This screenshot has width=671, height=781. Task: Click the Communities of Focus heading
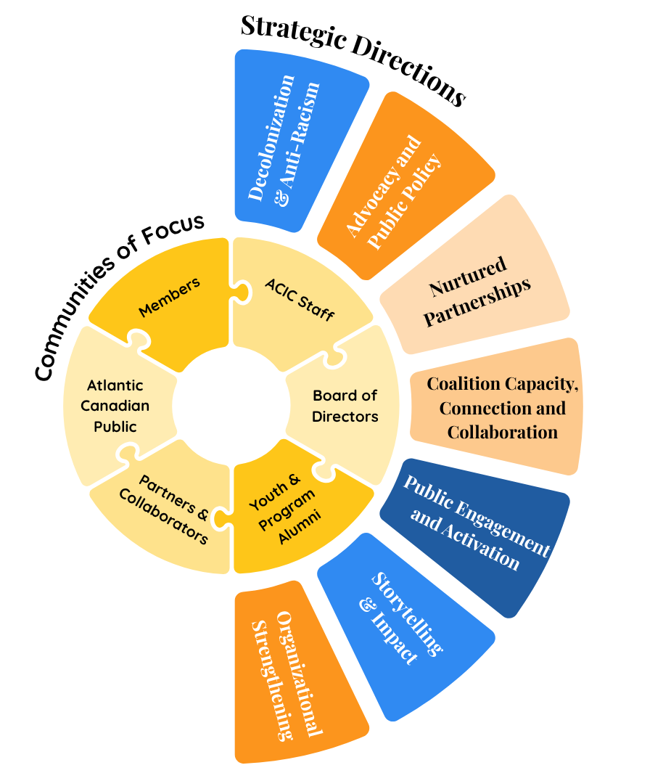pyautogui.click(x=120, y=298)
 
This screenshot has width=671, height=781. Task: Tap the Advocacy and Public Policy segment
pyautogui.click(x=392, y=192)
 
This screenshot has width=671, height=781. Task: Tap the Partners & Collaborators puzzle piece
pyautogui.click(x=170, y=512)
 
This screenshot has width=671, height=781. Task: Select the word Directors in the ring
pyautogui.click(x=345, y=417)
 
